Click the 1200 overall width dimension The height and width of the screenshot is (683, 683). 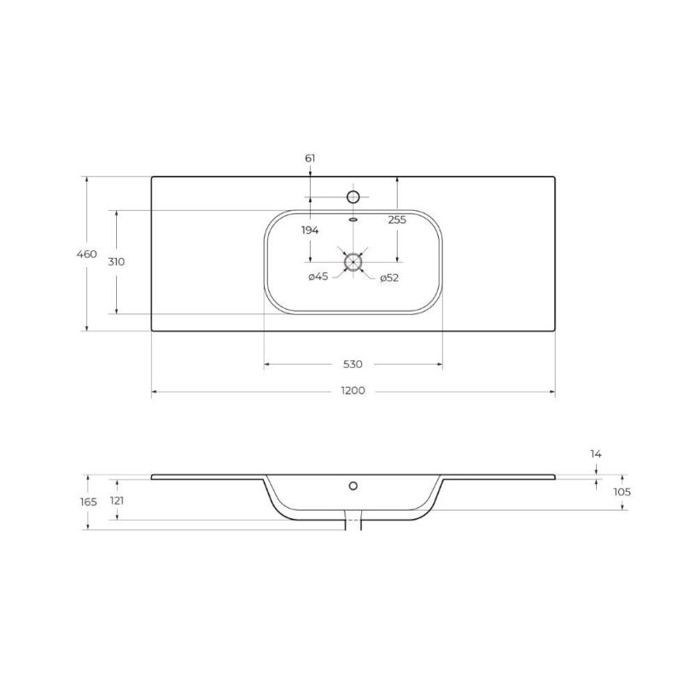(353, 392)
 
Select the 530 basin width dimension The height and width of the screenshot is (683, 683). (353, 365)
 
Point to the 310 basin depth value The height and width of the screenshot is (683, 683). (117, 262)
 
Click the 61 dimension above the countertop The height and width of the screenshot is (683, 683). (310, 159)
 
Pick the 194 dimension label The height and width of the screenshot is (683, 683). (309, 231)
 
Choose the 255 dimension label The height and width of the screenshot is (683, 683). (397, 219)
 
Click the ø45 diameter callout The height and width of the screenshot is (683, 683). (318, 277)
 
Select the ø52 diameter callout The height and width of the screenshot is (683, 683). (390, 277)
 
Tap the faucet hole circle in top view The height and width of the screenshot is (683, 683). (353, 197)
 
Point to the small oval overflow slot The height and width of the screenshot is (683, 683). (353, 218)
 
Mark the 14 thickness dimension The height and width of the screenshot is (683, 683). (596, 454)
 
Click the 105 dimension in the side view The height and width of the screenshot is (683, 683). (622, 492)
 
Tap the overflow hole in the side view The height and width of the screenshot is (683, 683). (353, 487)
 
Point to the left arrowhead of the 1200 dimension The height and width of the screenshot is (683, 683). (155, 393)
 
